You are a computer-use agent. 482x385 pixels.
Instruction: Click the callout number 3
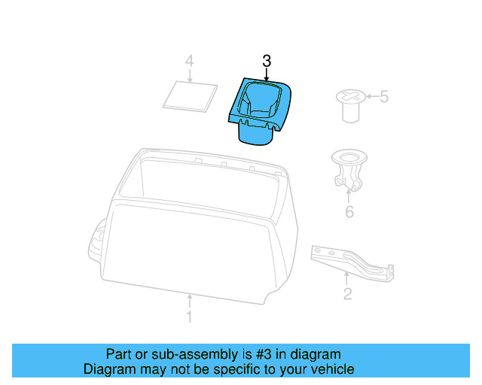(266, 60)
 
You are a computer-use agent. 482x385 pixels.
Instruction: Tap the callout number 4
(190, 60)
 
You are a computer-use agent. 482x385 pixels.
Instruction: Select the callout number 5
(383, 97)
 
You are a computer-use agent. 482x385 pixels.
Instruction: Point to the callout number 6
(349, 212)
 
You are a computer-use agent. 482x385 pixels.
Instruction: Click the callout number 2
(347, 293)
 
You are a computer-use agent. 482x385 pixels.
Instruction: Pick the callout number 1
(189, 317)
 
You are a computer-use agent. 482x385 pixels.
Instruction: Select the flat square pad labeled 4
(186, 95)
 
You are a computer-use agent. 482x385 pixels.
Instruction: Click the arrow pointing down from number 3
(266, 74)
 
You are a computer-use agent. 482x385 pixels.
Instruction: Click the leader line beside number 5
(370, 97)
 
